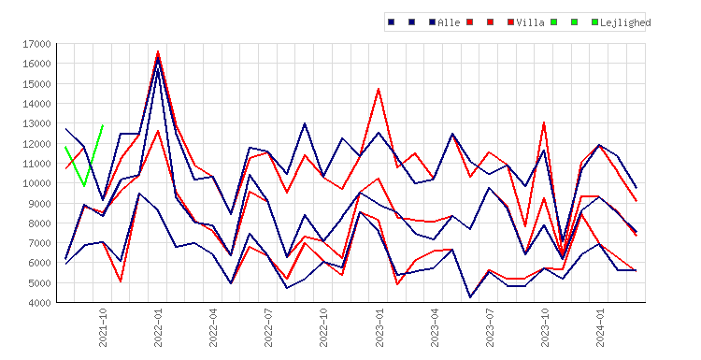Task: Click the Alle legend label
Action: point(449,22)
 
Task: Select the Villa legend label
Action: point(530,22)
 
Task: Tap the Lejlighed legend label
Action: point(625,22)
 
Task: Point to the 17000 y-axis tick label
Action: point(36,44)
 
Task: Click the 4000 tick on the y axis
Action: point(39,303)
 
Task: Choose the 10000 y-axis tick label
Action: point(36,183)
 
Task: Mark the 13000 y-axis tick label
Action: point(36,123)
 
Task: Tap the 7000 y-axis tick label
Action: point(39,243)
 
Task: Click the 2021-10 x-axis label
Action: point(103,327)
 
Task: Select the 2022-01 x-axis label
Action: point(158,327)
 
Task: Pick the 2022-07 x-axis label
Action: point(268,327)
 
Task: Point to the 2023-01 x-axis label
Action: point(379,327)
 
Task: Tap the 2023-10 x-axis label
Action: point(545,327)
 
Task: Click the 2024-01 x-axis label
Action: point(600,327)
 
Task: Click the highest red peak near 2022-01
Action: point(158,51)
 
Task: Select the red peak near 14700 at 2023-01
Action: point(379,89)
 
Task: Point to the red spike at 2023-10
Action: point(544,122)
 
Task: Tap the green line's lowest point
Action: point(84,185)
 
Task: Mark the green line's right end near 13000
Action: point(103,125)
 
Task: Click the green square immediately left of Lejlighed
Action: point(594,22)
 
